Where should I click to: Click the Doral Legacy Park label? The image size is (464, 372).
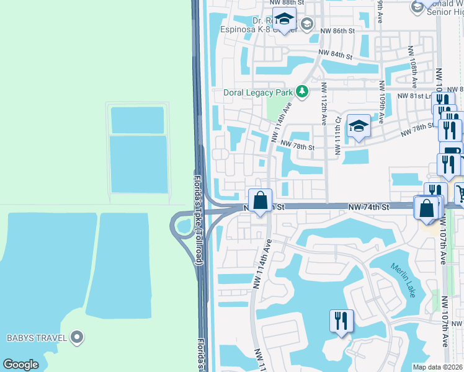click(x=257, y=93)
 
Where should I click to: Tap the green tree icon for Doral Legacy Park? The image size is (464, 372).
click(x=302, y=92)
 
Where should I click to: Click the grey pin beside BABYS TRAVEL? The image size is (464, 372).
click(x=76, y=338)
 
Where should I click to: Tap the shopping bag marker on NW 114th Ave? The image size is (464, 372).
click(x=261, y=200)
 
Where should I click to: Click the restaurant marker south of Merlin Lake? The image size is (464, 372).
click(x=341, y=321)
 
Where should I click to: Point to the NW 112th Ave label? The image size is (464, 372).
click(x=324, y=104)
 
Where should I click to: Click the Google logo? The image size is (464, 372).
click(x=20, y=365)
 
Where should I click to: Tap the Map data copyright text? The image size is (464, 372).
click(x=438, y=367)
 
